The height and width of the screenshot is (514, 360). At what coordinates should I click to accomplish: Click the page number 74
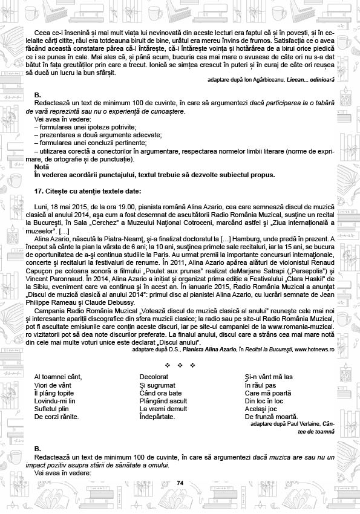click(x=180, y=482)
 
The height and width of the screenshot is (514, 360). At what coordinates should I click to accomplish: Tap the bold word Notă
click(x=42, y=166)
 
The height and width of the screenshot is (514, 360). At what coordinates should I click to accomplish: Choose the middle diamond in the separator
click(x=180, y=365)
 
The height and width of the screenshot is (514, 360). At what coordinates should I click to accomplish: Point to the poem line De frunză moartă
click(x=270, y=417)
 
